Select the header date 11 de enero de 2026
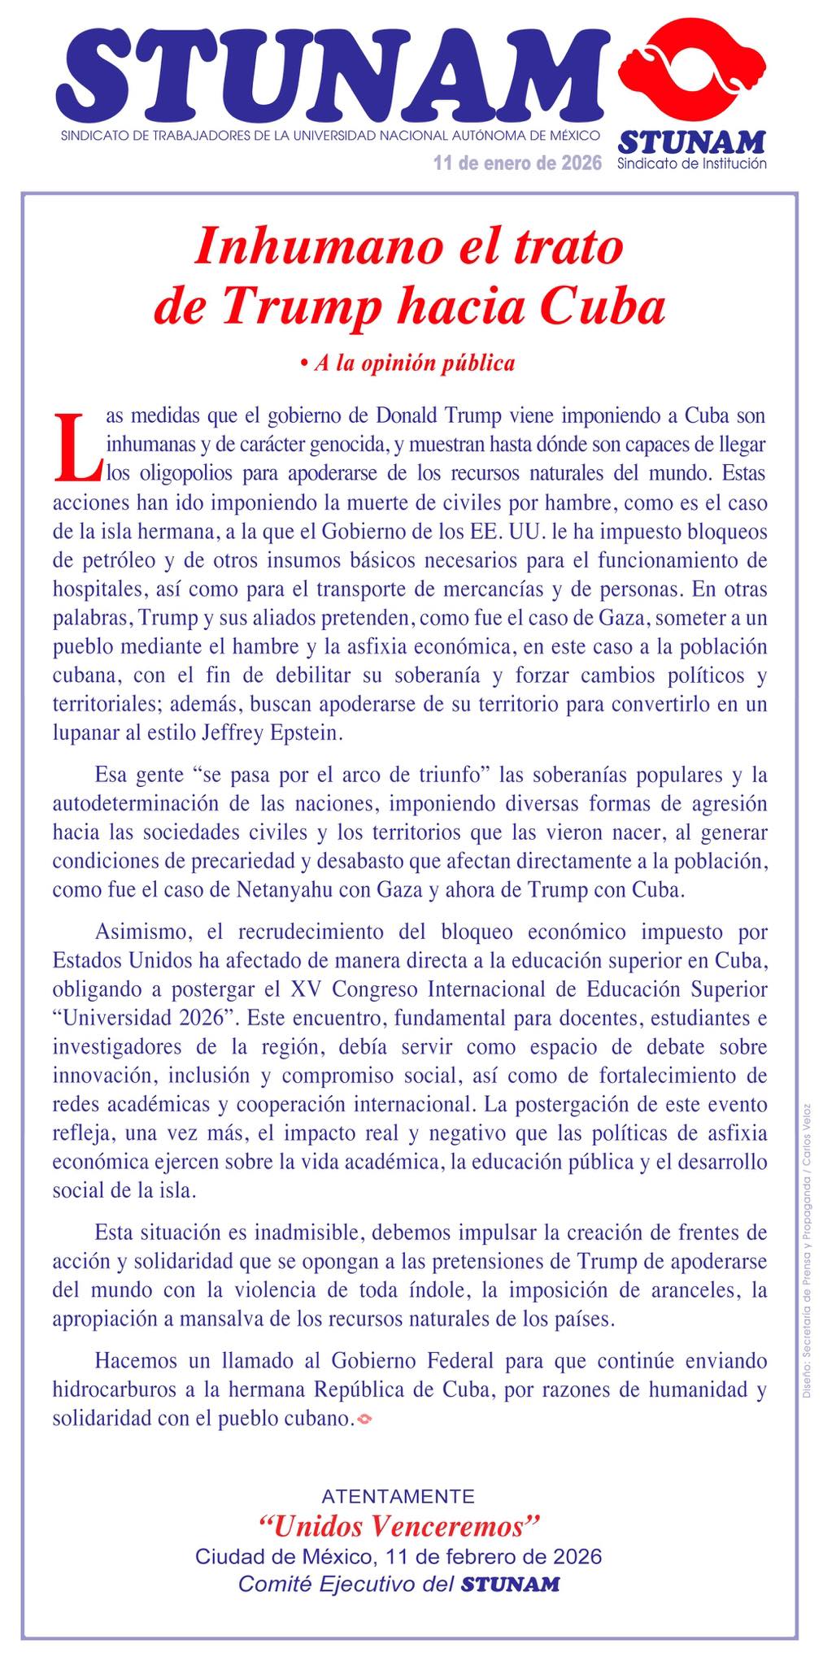(x=517, y=163)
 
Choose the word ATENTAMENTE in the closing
(x=398, y=1496)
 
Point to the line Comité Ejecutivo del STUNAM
(x=398, y=1584)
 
